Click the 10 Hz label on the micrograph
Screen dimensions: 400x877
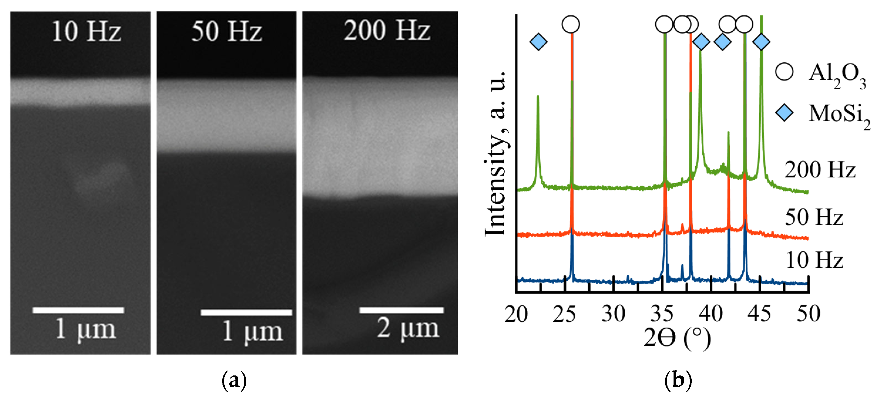[x=87, y=31]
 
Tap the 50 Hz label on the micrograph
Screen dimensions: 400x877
[x=227, y=31]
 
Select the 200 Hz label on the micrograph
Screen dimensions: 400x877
[x=387, y=31]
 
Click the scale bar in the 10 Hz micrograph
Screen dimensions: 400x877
[x=78, y=310]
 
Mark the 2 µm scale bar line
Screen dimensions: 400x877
[x=401, y=310]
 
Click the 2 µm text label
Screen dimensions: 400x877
[x=407, y=329]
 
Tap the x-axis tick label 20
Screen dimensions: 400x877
[x=516, y=314]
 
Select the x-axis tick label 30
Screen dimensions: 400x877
[x=613, y=314]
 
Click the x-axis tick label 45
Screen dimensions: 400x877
[x=759, y=314]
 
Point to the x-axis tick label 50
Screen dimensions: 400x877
[x=808, y=314]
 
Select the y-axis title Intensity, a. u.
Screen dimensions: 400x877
[x=496, y=153]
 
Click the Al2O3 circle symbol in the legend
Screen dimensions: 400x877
[x=784, y=72]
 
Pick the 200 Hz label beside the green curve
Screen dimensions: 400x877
[x=820, y=170]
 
